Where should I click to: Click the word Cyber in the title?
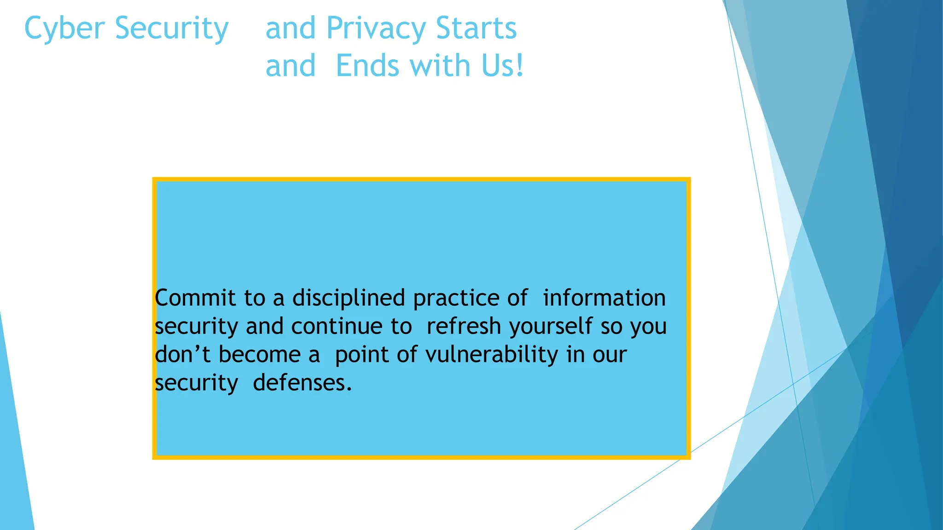[64, 29]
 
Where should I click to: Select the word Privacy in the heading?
[376, 29]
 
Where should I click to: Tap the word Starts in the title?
[476, 29]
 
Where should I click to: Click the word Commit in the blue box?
[195, 298]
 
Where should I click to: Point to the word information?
[604, 298]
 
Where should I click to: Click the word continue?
[337, 326]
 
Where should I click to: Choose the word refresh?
[463, 326]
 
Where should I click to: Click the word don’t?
[182, 355]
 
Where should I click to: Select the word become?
[259, 355]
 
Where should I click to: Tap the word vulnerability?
[491, 355]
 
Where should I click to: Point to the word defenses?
[303, 383]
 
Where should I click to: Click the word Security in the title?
[171, 29]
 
